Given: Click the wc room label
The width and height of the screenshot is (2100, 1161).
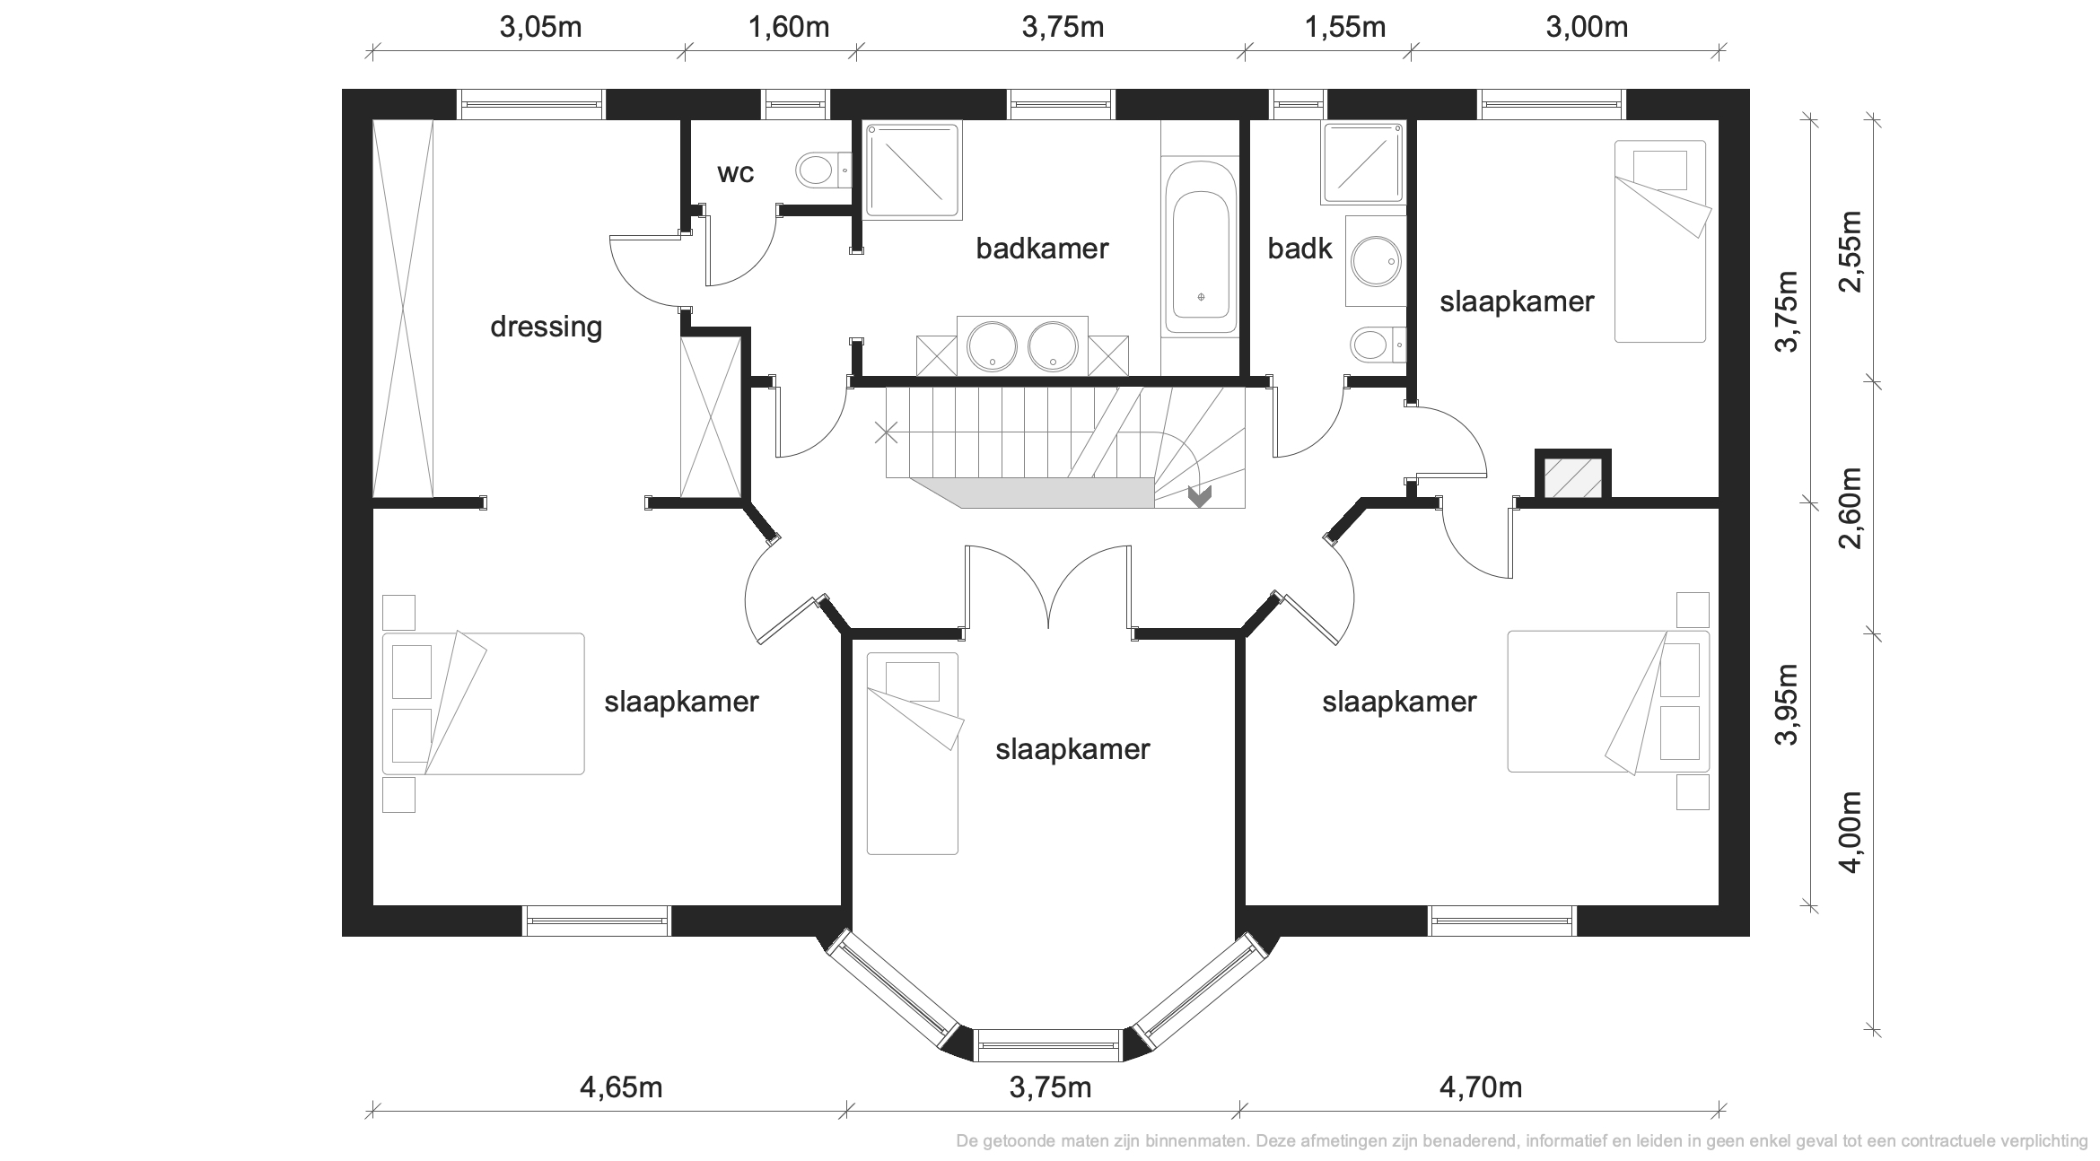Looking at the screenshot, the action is (x=735, y=173).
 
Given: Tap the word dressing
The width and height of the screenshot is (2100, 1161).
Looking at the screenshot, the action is (x=546, y=327).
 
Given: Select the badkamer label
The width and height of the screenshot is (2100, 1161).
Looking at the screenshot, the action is (x=1042, y=249).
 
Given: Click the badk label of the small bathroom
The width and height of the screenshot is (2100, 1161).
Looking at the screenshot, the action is (x=1299, y=249).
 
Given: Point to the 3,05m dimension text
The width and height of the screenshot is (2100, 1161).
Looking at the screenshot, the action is (x=540, y=28).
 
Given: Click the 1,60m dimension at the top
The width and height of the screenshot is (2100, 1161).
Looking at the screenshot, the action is (x=788, y=28).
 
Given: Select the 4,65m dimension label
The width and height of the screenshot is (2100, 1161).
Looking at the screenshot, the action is (x=621, y=1087).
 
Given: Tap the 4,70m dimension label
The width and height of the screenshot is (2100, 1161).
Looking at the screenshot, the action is (x=1481, y=1087).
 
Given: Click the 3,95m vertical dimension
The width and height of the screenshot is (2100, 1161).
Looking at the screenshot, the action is (x=1788, y=704).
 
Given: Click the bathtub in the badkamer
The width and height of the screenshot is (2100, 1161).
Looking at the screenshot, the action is (x=1200, y=249).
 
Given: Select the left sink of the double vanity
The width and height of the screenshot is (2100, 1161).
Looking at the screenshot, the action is (x=992, y=345).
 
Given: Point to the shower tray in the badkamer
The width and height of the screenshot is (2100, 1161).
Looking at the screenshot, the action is (x=913, y=170).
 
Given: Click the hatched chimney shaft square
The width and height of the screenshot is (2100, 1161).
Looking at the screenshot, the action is (x=1573, y=476).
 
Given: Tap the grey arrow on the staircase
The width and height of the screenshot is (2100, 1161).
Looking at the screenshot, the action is (x=1199, y=496).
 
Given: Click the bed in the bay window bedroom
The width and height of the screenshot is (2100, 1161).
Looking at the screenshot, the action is (x=913, y=753).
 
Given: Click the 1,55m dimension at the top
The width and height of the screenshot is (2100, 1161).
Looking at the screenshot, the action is (x=1344, y=28).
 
